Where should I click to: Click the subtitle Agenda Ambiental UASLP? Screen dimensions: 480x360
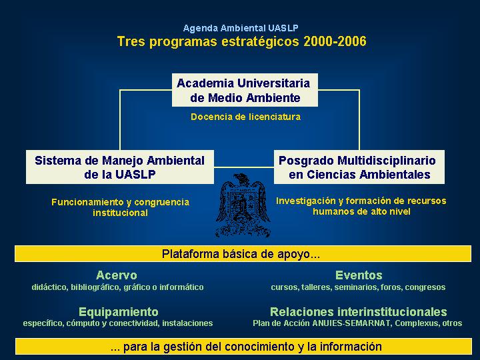coord(241,28)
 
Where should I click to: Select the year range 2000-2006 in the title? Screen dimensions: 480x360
coord(335,41)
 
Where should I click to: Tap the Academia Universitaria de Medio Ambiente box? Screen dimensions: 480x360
coord(245,90)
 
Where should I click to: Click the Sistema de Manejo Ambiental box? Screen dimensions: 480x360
coord(120,167)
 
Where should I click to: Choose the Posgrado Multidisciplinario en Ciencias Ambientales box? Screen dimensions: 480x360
coord(359,167)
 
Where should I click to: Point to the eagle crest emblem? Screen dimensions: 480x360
coord(243,205)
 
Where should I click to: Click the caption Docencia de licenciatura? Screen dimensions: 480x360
coord(245,117)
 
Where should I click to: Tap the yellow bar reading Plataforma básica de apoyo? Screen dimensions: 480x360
coord(243,254)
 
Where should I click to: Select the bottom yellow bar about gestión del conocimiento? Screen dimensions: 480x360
coord(243,347)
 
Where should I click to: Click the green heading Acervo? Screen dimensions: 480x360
coord(116,275)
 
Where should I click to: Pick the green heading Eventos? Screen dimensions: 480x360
coord(359,275)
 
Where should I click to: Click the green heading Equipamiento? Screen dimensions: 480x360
coord(119,312)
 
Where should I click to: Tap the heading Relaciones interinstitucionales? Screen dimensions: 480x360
coord(359,312)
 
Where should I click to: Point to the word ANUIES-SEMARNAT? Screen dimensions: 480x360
coord(351,323)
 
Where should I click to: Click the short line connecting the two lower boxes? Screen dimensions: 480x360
coord(244,167)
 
